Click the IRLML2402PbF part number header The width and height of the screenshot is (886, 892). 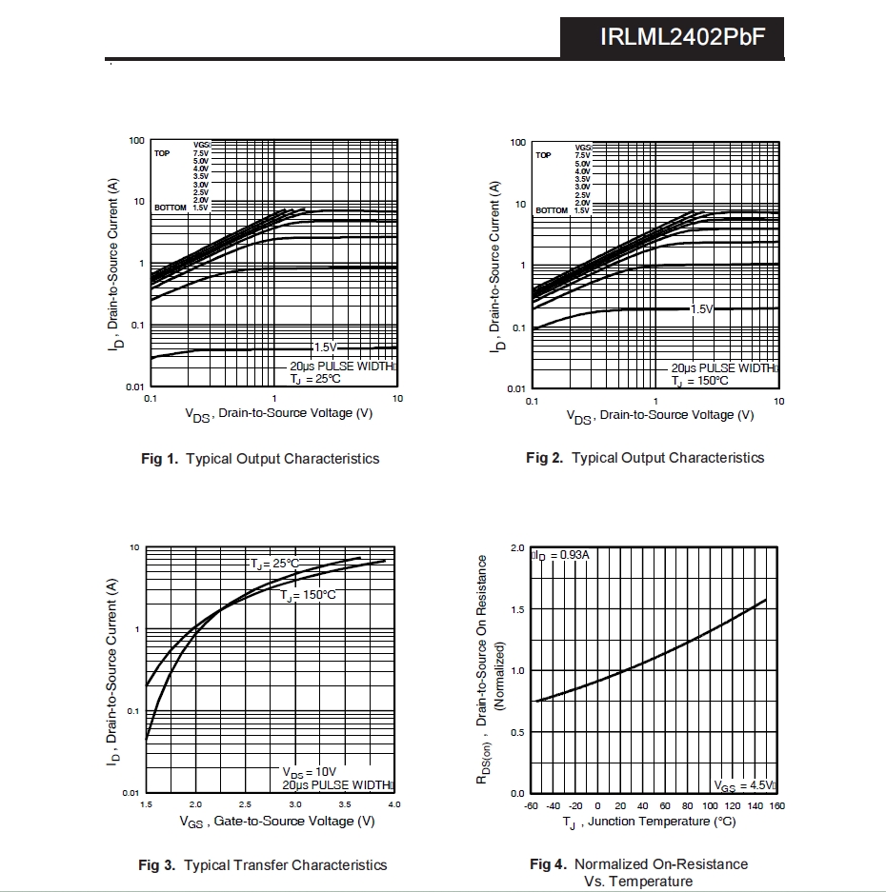click(x=682, y=37)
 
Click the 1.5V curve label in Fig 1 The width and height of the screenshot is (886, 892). click(x=325, y=347)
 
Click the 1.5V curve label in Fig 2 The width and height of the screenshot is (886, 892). click(x=700, y=309)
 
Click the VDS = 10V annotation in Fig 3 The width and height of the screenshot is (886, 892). click(x=309, y=772)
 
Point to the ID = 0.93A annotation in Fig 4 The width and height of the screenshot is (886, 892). click(x=562, y=554)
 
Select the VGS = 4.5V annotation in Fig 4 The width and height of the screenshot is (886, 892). click(x=744, y=785)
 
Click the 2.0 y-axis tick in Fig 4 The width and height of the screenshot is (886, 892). click(x=517, y=548)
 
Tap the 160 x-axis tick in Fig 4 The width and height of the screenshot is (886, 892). click(x=777, y=806)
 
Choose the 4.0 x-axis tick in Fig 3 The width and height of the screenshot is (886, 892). click(x=394, y=805)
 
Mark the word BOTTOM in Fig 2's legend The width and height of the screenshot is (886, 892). click(x=551, y=210)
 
